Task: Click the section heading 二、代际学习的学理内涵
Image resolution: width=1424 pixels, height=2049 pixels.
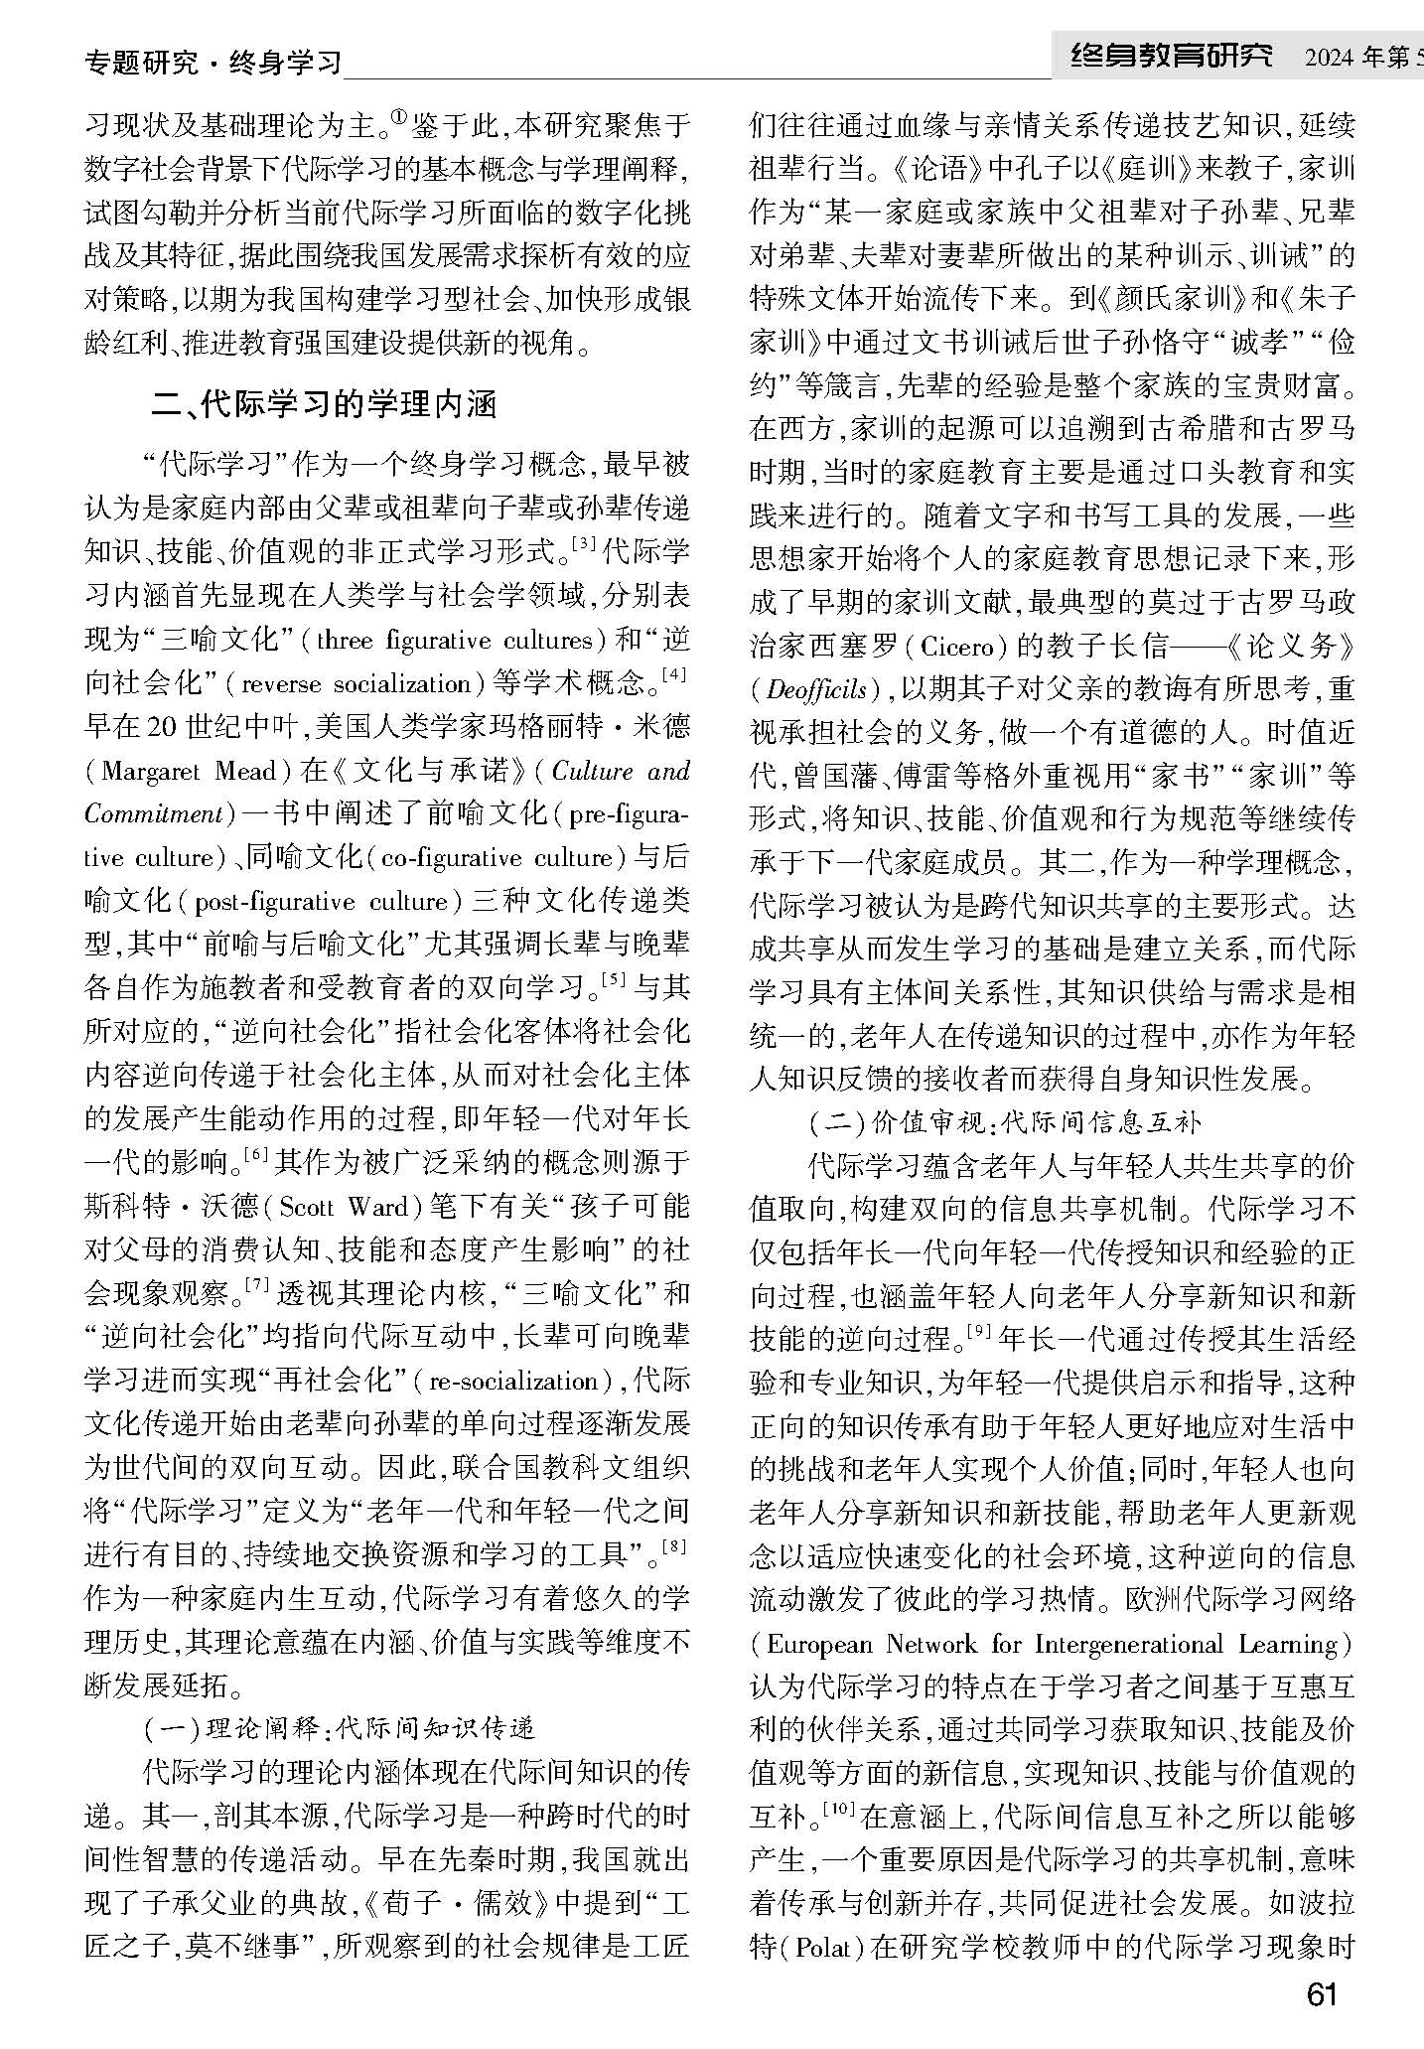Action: (323, 405)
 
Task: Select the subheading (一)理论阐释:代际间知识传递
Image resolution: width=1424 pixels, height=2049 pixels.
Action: (340, 1728)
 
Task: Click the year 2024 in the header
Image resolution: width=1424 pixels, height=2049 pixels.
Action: (1329, 60)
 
